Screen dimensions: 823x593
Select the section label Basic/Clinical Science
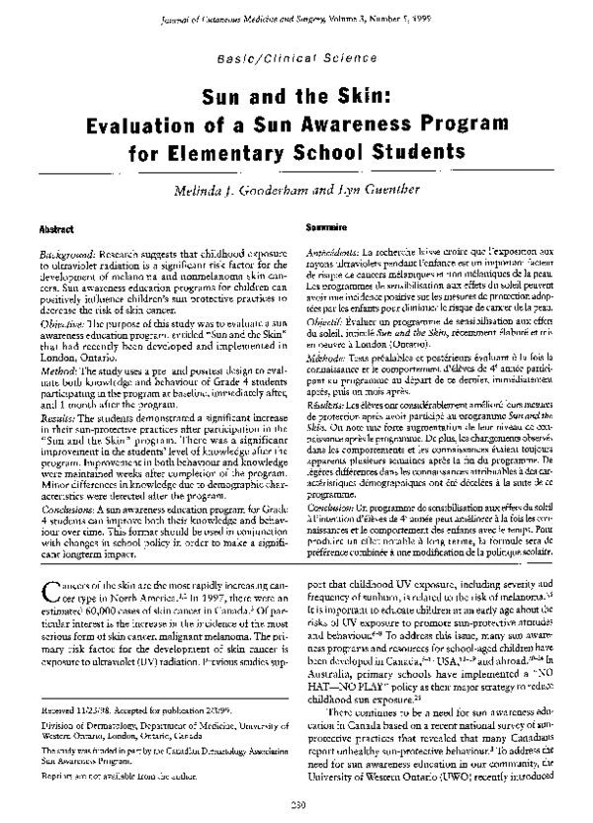(x=296, y=62)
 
